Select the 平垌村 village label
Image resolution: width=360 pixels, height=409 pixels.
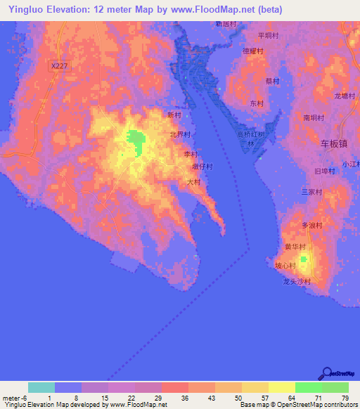[269, 35]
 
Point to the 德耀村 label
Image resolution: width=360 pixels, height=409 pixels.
[252, 51]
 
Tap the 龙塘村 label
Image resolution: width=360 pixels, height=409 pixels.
[345, 96]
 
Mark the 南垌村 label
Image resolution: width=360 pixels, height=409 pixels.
[314, 119]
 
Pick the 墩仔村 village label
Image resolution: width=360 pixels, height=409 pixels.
[202, 167]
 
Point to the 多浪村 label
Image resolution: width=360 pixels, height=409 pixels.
[311, 226]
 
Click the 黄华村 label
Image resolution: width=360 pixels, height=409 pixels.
[295, 247]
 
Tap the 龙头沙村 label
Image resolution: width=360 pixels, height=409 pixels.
[296, 281]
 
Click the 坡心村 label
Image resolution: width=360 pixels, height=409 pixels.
[284, 266]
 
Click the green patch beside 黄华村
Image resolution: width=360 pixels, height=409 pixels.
[304, 261]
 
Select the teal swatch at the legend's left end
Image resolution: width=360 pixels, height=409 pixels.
[41, 387]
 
